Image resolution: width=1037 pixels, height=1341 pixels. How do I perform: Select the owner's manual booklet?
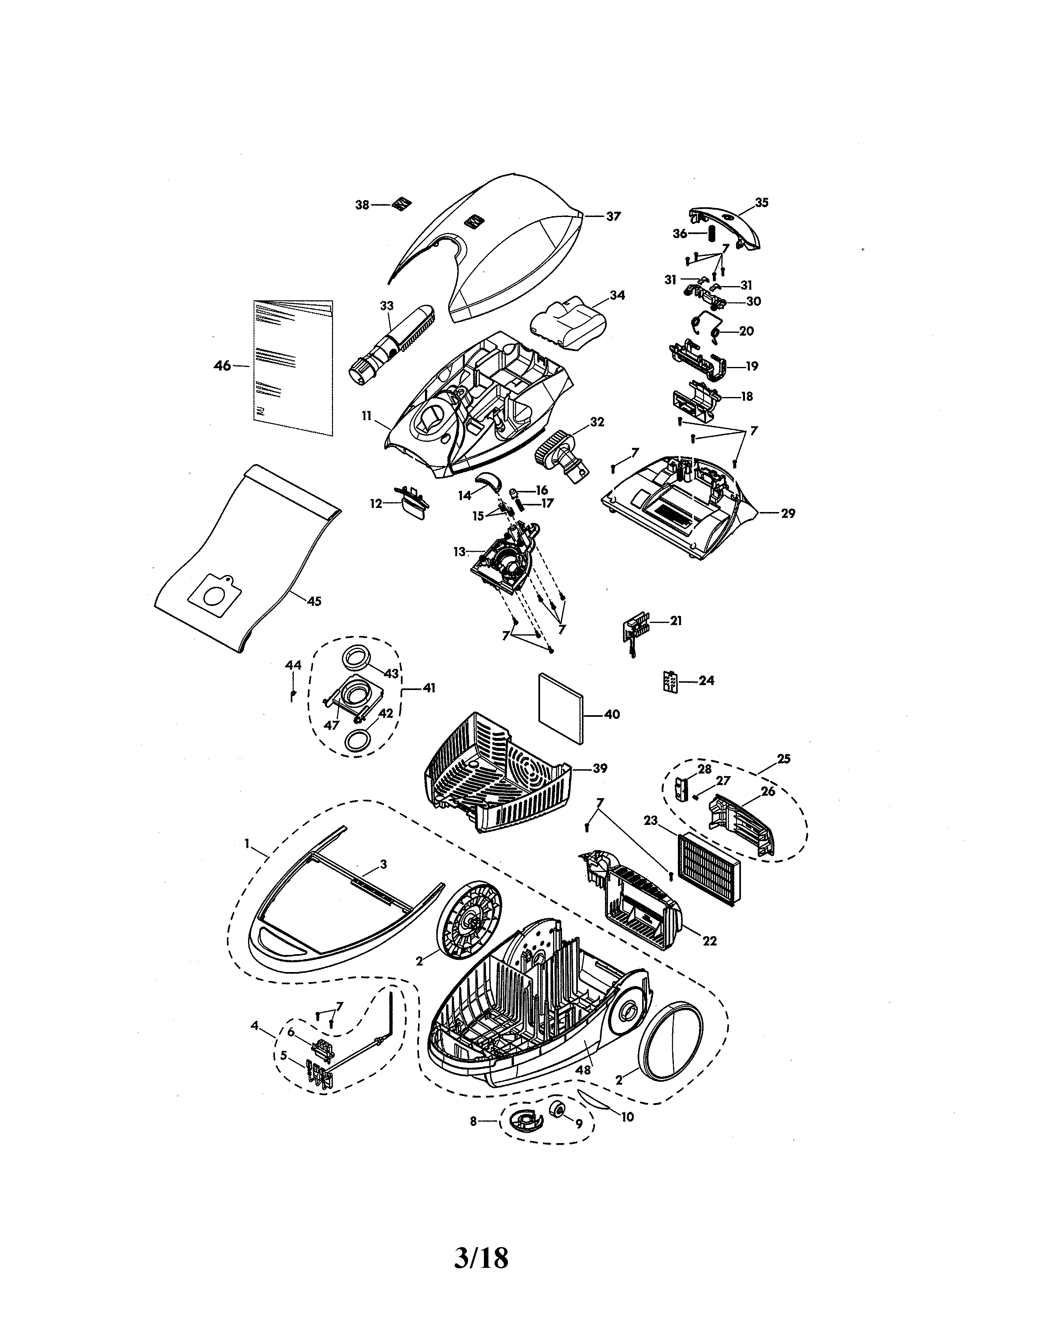coord(293,367)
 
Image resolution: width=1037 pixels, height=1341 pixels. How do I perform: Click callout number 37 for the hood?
coord(613,216)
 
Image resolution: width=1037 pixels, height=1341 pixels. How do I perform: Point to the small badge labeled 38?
coord(402,203)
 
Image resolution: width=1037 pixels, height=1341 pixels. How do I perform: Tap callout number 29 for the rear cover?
coord(788,513)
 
